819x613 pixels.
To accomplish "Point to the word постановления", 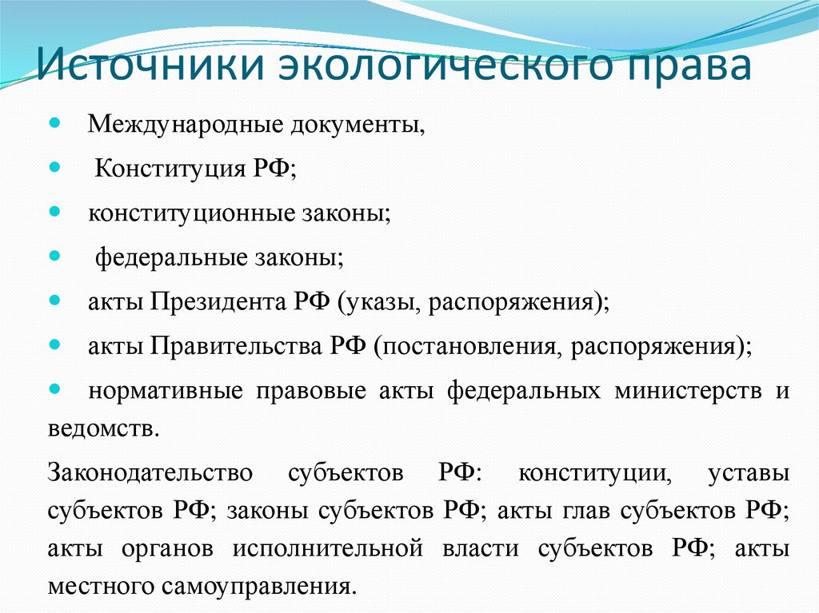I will click(x=457, y=347).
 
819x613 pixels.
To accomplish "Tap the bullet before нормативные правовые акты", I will click(x=54, y=391).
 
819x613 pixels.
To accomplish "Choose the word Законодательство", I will click(x=150, y=472).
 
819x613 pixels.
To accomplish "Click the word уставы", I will click(x=749, y=472).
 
